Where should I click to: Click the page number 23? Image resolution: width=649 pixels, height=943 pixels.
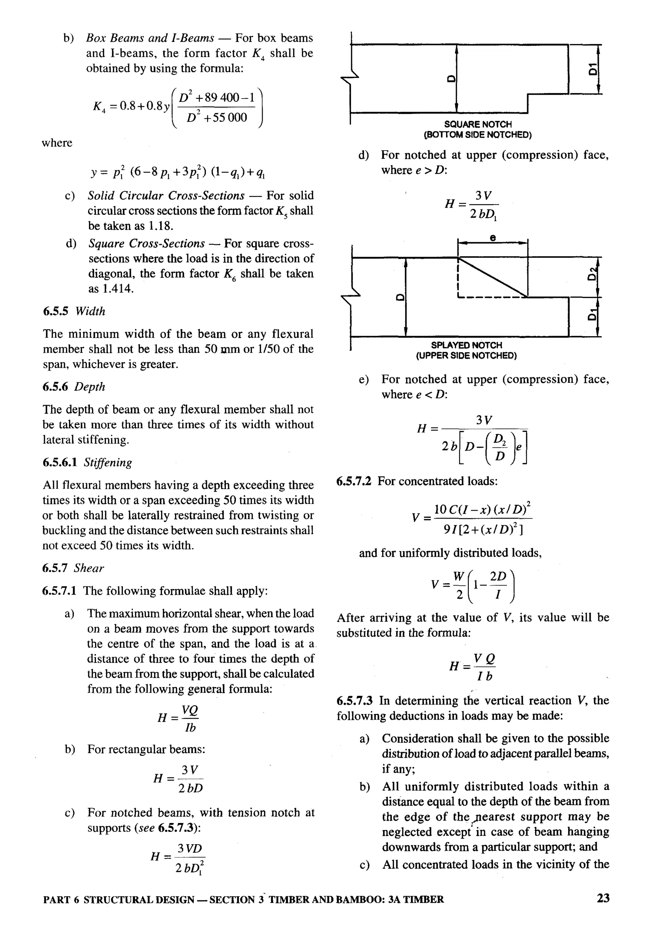603,898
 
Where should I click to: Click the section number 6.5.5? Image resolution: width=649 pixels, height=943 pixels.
57,311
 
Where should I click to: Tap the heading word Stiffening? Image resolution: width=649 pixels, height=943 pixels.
108,462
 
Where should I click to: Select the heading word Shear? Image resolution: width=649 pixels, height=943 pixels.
89,568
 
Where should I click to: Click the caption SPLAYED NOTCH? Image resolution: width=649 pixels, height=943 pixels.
466,345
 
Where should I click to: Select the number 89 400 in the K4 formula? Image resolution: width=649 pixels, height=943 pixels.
222,98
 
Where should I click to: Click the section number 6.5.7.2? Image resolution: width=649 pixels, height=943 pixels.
353,481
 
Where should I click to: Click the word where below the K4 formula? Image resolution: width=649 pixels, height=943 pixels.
57,143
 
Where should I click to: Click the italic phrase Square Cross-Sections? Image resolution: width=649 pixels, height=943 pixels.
146,244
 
